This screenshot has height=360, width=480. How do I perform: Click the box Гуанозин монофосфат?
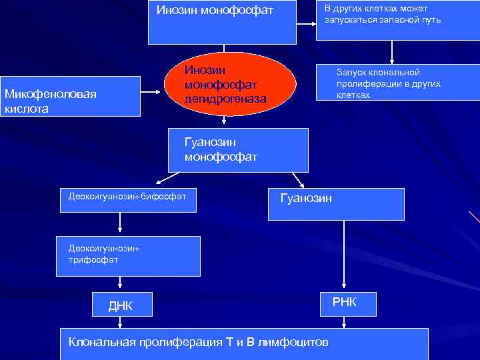pos(239,150)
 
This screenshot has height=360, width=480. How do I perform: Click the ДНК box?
pos(120,305)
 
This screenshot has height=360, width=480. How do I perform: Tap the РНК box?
pos(344,303)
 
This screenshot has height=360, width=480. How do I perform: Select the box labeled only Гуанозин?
pos(336,203)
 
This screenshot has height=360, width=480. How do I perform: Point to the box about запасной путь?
pos(397,20)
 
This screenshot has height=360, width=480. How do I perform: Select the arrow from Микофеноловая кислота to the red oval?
pos(152,92)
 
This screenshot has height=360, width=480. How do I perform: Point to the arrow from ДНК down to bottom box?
pos(120,322)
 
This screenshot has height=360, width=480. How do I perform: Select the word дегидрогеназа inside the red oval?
pos(225,99)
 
